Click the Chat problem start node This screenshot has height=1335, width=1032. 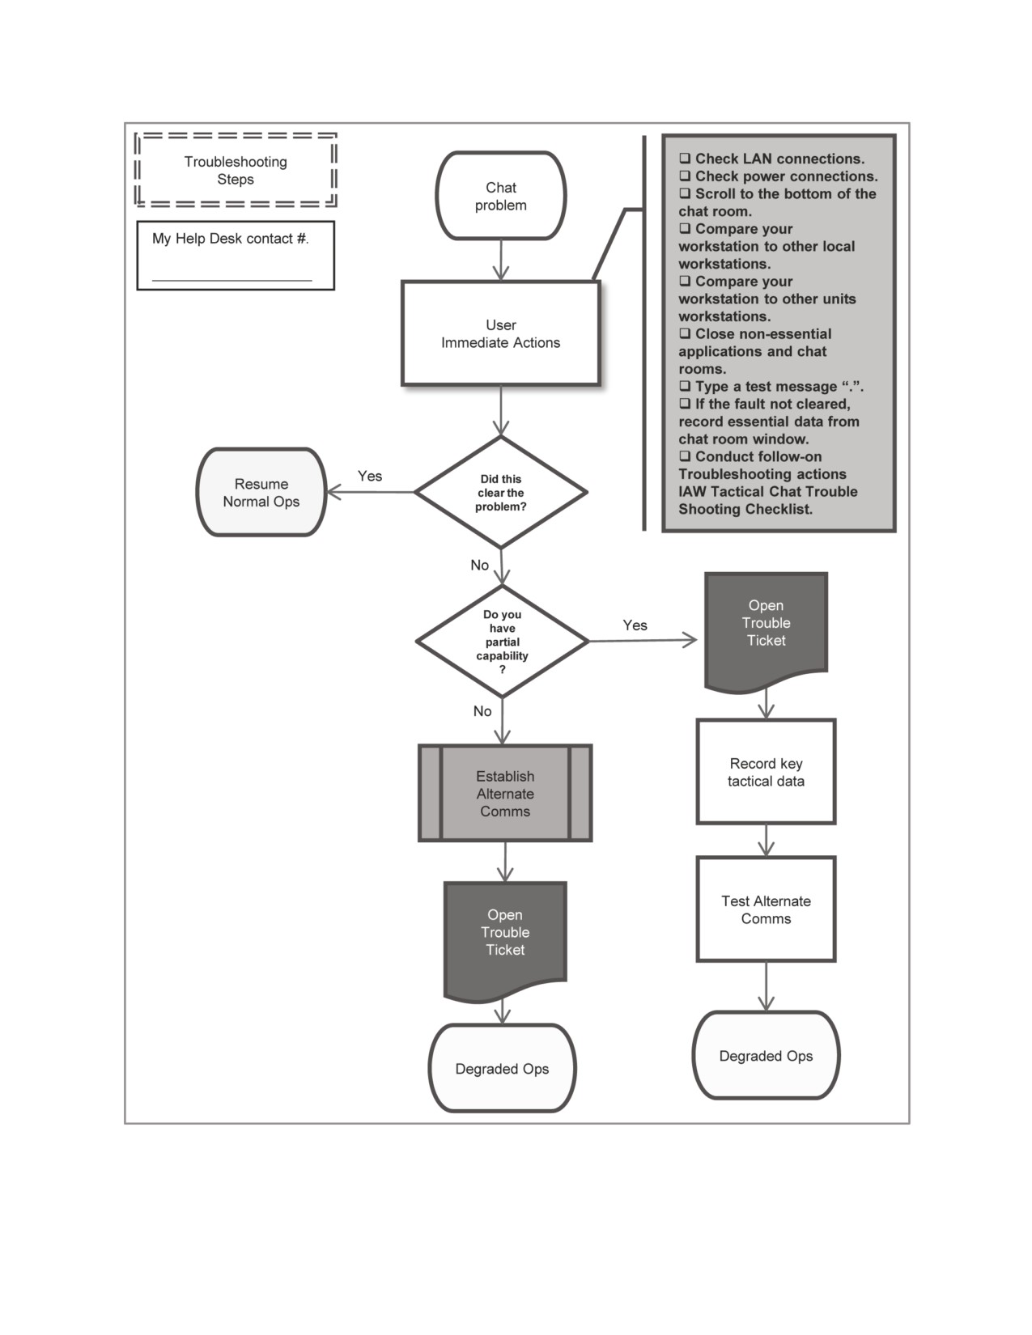[x=500, y=195]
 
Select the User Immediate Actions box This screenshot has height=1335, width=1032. [x=500, y=333]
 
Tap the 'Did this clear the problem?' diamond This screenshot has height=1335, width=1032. [x=501, y=492]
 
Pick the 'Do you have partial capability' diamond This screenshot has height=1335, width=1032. [x=502, y=641]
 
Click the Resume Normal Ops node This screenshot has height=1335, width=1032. [x=261, y=492]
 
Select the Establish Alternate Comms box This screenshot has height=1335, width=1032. [x=505, y=793]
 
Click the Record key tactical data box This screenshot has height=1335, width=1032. [x=766, y=772]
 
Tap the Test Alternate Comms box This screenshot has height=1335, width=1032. [x=766, y=909]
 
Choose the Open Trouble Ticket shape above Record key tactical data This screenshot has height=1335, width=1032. [x=766, y=631]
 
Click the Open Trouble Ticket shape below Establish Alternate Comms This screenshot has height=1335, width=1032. [x=505, y=941]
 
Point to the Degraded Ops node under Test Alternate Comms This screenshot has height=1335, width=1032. [x=766, y=1056]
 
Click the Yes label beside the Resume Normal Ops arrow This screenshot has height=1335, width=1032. [x=370, y=476]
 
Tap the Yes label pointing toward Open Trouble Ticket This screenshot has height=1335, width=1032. [x=635, y=625]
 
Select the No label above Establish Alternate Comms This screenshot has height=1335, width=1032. [x=482, y=711]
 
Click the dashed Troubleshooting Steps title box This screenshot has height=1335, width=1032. [x=236, y=170]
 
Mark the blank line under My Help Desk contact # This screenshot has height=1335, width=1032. [x=231, y=281]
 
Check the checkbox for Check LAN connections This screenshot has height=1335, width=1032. [x=685, y=159]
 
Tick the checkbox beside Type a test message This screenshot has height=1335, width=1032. [x=685, y=387]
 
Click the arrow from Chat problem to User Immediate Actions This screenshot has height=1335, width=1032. [x=501, y=260]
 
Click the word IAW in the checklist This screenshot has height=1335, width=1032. [x=692, y=491]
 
